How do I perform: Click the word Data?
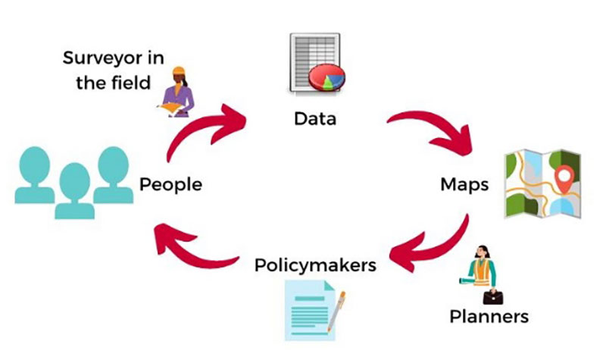316,119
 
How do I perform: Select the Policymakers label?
315,266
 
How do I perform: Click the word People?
170,184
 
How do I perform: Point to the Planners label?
489,315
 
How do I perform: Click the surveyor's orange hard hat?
179,71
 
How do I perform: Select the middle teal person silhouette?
74,189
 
